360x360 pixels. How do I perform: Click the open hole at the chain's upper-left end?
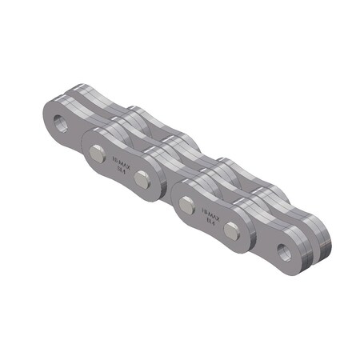tap(60, 123)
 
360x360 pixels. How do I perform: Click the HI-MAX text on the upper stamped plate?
tap(121, 161)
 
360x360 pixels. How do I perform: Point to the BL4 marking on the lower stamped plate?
tap(209, 222)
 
